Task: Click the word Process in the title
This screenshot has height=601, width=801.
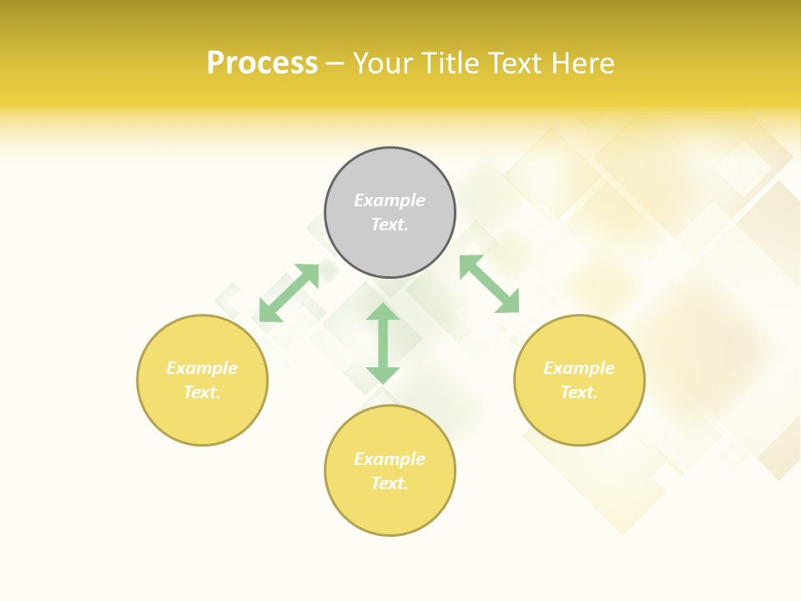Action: pyautogui.click(x=262, y=63)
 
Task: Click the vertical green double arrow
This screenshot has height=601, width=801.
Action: pyautogui.click(x=383, y=343)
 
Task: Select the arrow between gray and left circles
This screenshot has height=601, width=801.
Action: pyautogui.click(x=289, y=293)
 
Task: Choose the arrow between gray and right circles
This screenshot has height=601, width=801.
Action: pyautogui.click(x=489, y=284)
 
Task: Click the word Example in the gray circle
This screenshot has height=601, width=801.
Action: pyautogui.click(x=390, y=200)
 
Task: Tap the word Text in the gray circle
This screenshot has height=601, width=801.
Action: pyautogui.click(x=390, y=225)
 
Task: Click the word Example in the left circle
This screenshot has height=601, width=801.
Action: pyautogui.click(x=202, y=368)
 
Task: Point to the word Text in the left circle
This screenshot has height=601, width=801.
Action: pyautogui.click(x=202, y=392)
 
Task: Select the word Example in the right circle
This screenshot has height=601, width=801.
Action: pyautogui.click(x=579, y=368)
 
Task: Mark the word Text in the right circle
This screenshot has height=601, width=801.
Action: pyautogui.click(x=579, y=392)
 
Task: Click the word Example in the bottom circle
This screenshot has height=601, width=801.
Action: pyautogui.click(x=390, y=459)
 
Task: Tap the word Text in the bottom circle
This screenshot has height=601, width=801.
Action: pyautogui.click(x=390, y=483)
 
